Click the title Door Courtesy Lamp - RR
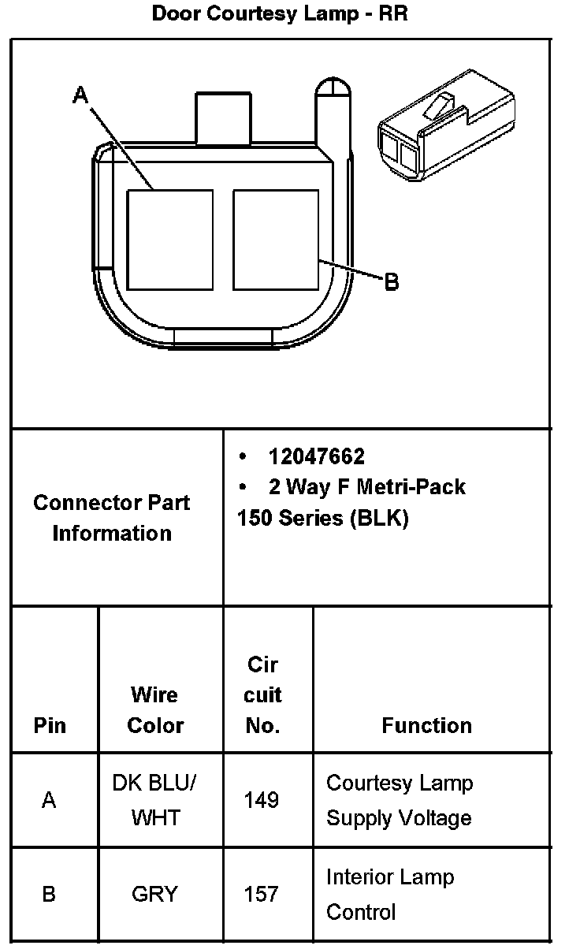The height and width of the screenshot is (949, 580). click(x=280, y=13)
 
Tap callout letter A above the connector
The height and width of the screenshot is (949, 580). click(x=80, y=96)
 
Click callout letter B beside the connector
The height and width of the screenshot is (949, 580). click(x=391, y=281)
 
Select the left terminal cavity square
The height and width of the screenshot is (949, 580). click(x=170, y=239)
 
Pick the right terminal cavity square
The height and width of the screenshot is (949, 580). click(x=276, y=239)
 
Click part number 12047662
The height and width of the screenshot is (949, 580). click(x=316, y=456)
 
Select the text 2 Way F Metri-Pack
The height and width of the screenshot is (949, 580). click(x=366, y=487)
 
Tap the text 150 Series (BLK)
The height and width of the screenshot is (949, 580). click(x=323, y=519)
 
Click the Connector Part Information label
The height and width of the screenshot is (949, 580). click(x=112, y=518)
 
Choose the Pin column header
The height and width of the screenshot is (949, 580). click(x=50, y=725)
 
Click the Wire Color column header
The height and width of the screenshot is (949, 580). click(x=155, y=709)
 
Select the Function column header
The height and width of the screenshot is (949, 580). click(x=426, y=725)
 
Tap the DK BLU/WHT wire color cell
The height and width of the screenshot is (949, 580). click(x=155, y=800)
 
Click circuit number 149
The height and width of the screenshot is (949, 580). click(x=262, y=800)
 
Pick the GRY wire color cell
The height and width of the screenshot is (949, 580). click(x=155, y=894)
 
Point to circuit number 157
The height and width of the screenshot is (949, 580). click(x=262, y=894)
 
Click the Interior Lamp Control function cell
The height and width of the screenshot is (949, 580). click(x=390, y=894)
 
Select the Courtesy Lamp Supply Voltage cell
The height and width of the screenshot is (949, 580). click(x=400, y=800)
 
